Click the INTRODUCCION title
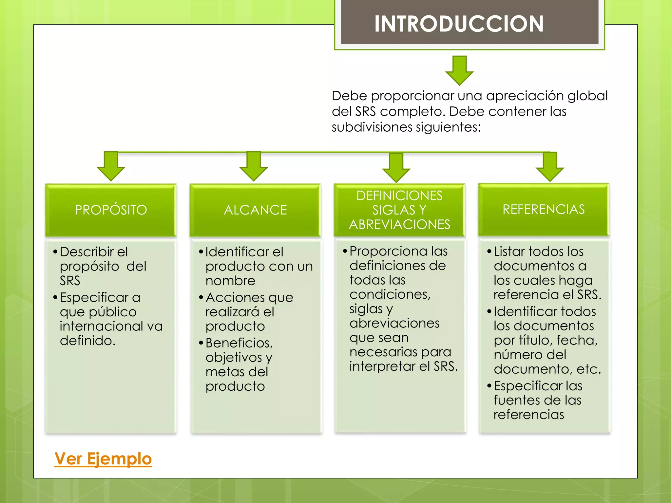tap(459, 24)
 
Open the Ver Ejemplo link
tap(103, 458)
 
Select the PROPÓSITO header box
tap(111, 210)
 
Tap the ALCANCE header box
tap(255, 210)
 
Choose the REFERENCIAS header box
tap(544, 209)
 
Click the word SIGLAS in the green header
tap(393, 210)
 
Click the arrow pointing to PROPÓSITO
tap(111, 166)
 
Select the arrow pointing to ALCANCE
tap(254, 166)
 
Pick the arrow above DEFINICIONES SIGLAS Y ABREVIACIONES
tap(396, 167)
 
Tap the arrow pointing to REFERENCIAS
tap(550, 166)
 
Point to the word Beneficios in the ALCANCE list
tap(239, 343)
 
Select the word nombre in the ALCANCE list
tap(230, 281)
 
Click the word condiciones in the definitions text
tap(390, 294)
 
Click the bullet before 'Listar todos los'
tap(489, 251)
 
